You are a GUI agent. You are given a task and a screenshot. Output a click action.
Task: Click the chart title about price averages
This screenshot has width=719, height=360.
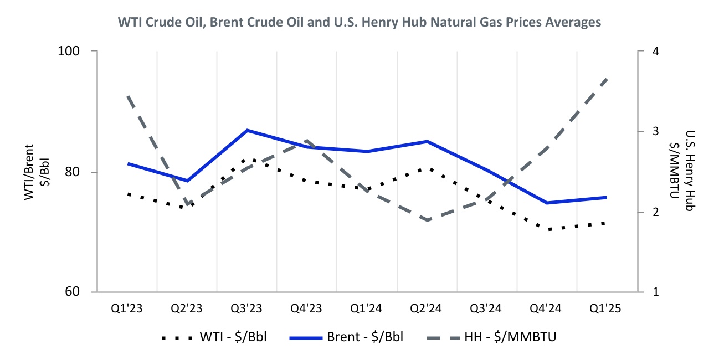point(359,23)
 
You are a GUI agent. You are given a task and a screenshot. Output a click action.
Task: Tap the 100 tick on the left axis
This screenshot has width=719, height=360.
point(71,51)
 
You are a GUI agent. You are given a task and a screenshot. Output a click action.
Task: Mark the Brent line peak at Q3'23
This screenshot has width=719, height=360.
point(247,130)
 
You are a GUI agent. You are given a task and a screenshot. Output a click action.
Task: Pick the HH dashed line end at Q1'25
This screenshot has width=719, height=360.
point(608,79)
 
